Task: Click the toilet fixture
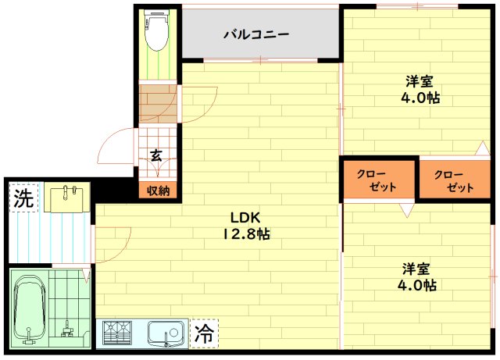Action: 156,30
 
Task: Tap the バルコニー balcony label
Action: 256,34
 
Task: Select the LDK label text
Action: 245,217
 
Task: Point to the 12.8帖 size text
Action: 246,234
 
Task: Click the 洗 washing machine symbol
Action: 23,198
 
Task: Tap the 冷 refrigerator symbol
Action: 204,333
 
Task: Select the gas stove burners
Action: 117,333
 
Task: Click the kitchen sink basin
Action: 166,333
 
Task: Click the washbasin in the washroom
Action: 67,199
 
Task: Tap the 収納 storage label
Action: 158,191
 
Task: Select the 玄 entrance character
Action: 156,155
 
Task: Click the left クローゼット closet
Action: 379,179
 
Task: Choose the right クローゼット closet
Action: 455,179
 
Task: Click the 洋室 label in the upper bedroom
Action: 420,82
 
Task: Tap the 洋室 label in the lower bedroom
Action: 416,269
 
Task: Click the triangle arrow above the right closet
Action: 483,148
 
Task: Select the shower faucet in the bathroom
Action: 67,329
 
